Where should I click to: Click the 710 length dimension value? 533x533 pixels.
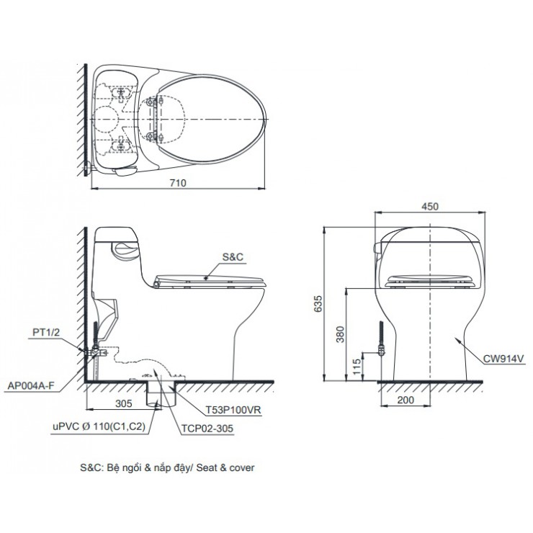(x=178, y=183)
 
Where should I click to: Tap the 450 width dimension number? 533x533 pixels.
(x=430, y=206)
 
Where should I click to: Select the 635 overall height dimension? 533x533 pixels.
(x=318, y=303)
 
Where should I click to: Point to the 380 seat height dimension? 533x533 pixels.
(x=339, y=334)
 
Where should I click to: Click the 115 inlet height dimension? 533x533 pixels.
(x=357, y=367)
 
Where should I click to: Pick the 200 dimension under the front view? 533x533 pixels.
(x=406, y=400)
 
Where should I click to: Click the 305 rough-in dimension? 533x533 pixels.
(x=124, y=403)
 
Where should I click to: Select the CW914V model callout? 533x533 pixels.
(x=504, y=359)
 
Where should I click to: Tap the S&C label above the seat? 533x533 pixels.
(x=233, y=257)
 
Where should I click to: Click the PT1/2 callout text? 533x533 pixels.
(x=46, y=332)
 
